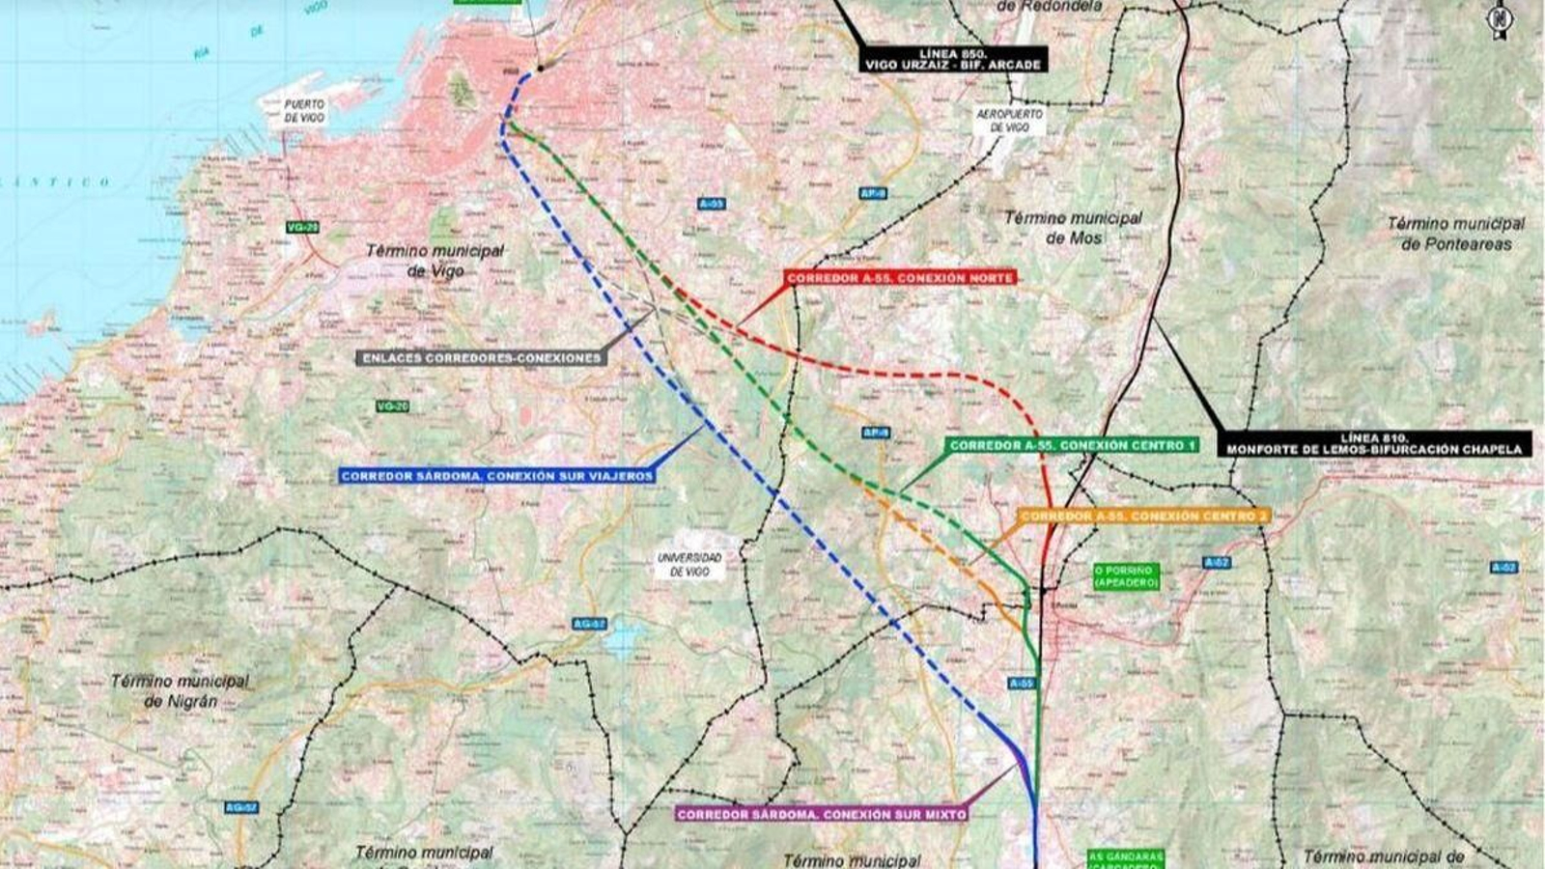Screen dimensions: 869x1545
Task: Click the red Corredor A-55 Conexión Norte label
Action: (x=900, y=278)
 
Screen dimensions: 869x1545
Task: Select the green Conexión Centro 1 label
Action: (x=1072, y=445)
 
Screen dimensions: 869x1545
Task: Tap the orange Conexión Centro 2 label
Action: (x=1143, y=517)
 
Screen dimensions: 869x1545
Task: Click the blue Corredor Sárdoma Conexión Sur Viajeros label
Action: (x=497, y=476)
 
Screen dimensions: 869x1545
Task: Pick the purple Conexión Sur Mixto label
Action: (x=822, y=814)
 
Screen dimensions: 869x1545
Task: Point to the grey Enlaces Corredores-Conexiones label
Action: (x=482, y=357)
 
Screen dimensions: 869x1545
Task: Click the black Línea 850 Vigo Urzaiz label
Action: (x=954, y=59)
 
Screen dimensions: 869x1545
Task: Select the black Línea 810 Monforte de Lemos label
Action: (x=1375, y=443)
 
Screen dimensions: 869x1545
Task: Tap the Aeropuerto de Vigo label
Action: (x=1003, y=121)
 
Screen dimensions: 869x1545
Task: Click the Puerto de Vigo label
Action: (x=304, y=110)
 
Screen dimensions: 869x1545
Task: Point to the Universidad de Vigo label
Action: (x=689, y=565)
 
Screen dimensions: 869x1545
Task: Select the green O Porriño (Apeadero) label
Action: (x=1125, y=576)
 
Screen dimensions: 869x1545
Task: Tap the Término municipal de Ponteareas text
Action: (x=1456, y=234)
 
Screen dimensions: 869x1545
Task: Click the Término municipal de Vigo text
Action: (x=435, y=261)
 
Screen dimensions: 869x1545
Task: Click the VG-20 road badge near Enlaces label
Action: (x=392, y=406)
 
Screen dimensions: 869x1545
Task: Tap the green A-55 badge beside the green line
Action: (x=1021, y=684)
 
